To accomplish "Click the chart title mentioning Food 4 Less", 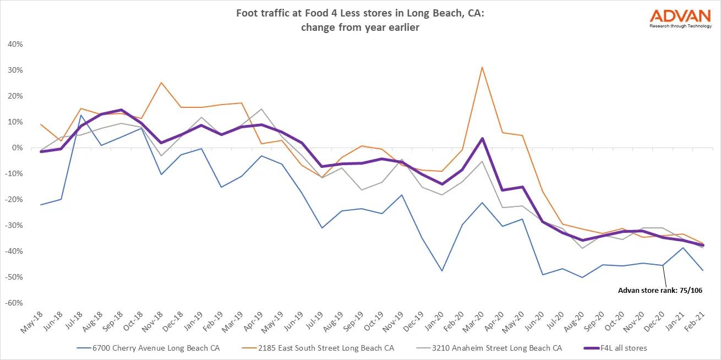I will point(360,22).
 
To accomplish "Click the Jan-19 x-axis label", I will point(191,321).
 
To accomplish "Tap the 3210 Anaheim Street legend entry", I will point(483,348).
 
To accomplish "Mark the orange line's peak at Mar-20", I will point(483,67).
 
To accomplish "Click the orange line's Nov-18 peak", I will point(161,83).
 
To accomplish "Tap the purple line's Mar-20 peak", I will point(483,138).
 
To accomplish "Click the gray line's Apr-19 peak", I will point(261,109).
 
